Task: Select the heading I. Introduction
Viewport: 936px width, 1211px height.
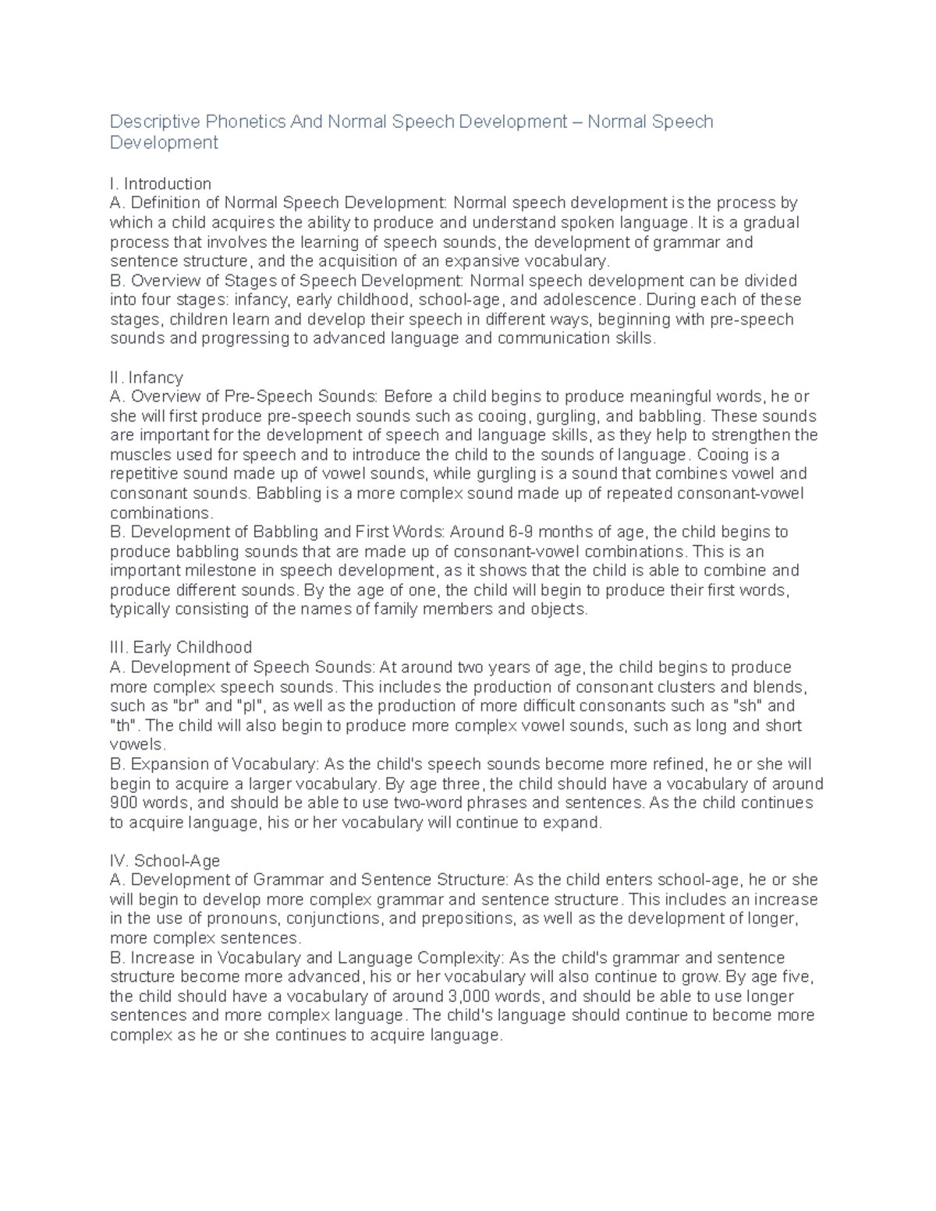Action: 161,184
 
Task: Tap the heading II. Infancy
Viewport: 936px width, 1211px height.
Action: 147,377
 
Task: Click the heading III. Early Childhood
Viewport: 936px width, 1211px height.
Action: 181,648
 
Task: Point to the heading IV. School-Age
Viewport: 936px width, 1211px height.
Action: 165,861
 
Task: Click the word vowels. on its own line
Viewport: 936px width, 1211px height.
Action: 138,745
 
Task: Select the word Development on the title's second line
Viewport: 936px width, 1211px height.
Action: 164,143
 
